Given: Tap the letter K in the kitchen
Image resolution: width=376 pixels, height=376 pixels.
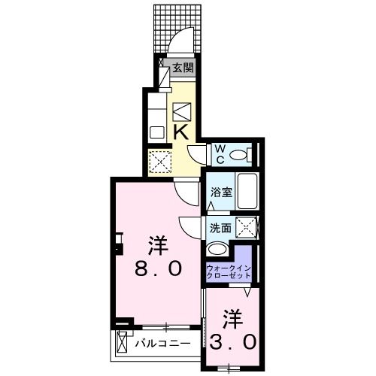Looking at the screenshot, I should click(x=181, y=131).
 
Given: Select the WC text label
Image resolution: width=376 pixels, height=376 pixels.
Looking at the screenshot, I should click(x=221, y=155).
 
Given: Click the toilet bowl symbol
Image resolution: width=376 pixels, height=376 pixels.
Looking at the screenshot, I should click(x=239, y=156).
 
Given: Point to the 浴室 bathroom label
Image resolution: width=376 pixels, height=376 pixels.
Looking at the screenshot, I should click(x=220, y=192).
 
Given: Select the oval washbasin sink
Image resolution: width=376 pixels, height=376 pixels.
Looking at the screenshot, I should click(x=217, y=250).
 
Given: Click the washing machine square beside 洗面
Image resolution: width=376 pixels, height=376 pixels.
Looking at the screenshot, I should click(x=244, y=226).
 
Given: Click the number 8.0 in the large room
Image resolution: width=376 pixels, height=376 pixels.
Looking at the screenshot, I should click(x=159, y=268).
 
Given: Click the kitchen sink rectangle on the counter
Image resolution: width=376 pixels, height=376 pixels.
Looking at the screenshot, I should click(x=157, y=132).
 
